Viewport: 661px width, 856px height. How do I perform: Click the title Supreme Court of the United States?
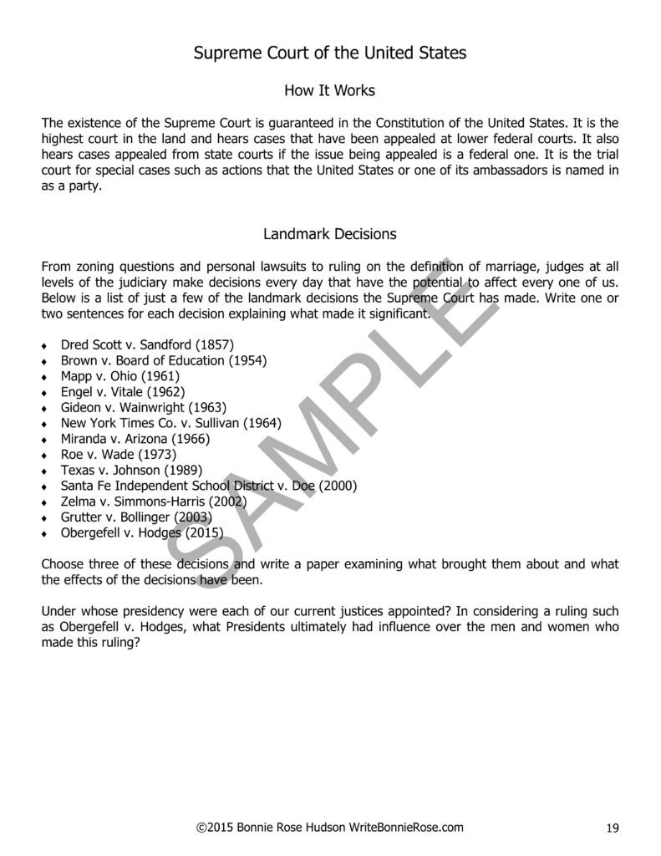[330, 53]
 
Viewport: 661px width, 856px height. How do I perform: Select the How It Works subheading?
[330, 89]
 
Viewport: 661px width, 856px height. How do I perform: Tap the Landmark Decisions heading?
[330, 234]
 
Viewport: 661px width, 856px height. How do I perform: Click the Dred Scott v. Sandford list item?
[147, 344]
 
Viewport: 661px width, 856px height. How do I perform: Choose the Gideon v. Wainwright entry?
[138, 407]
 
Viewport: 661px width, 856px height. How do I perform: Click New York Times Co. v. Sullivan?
[171, 423]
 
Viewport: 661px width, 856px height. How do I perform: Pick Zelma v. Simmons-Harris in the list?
[154, 502]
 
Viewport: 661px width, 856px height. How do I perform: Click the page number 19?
[613, 828]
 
